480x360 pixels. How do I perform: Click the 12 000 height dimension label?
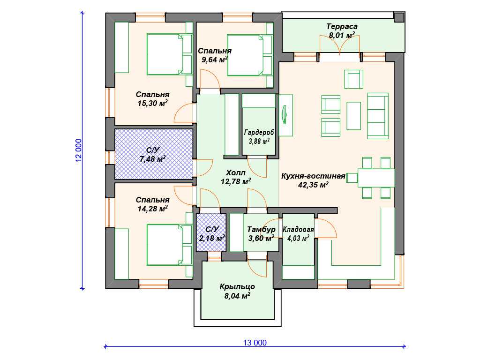(79, 150)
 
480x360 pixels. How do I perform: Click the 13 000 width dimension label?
(255, 343)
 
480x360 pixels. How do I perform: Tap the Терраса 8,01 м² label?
(342, 31)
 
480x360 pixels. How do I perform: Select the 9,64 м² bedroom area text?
(214, 60)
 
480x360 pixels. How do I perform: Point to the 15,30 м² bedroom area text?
(152, 103)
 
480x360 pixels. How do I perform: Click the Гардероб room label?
(259, 132)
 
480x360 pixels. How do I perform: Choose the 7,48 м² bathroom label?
(153, 159)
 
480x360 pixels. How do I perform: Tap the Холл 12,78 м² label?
(236, 177)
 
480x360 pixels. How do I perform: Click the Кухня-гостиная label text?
(313, 176)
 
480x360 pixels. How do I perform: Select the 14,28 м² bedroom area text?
(152, 209)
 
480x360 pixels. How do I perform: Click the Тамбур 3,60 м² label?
(261, 234)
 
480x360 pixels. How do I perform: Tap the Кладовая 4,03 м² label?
(298, 234)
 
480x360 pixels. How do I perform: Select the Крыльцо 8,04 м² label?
(237, 292)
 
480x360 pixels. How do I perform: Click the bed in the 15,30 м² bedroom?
(169, 54)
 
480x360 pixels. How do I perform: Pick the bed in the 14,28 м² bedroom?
(169, 245)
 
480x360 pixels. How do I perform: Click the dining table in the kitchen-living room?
(376, 178)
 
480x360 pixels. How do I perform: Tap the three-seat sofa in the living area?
(378, 116)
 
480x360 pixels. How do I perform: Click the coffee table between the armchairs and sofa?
(353, 116)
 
